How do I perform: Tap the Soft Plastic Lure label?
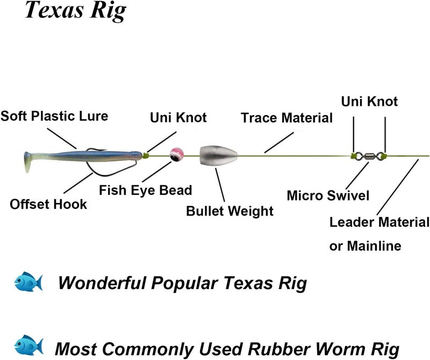pos(54,116)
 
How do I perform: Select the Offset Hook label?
pos(48,204)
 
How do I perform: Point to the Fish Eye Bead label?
pos(145,190)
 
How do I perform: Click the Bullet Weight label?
pos(230,211)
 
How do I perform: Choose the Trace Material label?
pos(286,118)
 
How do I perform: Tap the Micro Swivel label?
pos(328,195)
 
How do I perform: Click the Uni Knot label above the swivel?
pos(369,100)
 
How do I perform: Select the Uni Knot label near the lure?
pos(178,117)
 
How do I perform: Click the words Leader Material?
pos(379,222)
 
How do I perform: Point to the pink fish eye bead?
pos(175,155)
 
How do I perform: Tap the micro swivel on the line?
pos(369,155)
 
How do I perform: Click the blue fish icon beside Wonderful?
pos(28,282)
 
